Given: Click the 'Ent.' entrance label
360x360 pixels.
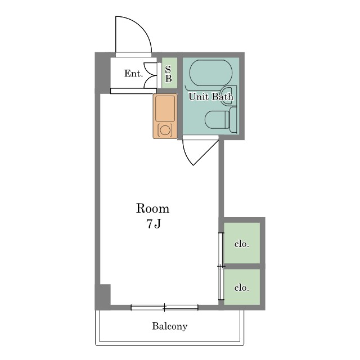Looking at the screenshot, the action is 134,74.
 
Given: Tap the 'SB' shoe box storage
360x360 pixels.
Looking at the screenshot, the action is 169,73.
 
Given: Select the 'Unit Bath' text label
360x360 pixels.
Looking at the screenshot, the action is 211,97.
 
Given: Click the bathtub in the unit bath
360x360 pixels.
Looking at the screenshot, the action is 211,73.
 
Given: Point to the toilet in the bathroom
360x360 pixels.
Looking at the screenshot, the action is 220,120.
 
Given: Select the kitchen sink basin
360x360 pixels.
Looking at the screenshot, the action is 165,109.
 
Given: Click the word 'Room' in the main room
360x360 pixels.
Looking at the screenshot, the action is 152,209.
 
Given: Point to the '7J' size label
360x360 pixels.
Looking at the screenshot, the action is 154,224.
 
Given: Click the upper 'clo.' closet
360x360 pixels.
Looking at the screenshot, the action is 242,243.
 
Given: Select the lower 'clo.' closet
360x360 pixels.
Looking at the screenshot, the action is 242,287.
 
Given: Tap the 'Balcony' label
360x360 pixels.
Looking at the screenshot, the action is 170,326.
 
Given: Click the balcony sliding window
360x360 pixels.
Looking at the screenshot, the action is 164,307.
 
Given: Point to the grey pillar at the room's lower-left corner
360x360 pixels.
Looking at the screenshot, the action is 103,296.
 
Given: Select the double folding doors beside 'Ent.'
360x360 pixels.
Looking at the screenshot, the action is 150,75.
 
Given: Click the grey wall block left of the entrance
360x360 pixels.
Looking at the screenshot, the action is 103,73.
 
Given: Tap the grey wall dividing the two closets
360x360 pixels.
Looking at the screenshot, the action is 242,266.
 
